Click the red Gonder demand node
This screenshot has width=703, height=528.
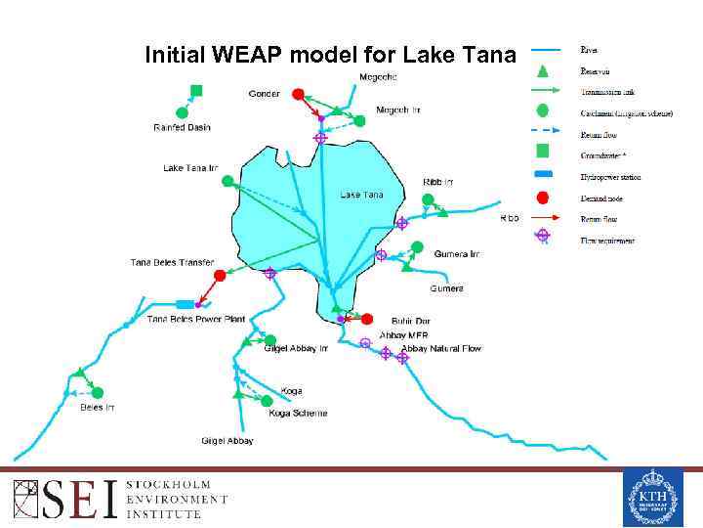298,95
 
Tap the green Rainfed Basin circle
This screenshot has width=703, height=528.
181,111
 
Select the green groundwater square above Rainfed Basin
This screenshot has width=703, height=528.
196,91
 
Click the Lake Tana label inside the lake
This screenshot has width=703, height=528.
361,195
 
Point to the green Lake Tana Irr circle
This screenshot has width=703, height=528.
227,181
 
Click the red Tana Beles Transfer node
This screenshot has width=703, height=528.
220,276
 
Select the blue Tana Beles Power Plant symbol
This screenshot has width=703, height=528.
185,305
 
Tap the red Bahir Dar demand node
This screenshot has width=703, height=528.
367,319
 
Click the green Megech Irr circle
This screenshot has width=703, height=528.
359,121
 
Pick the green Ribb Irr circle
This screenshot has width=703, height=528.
427,199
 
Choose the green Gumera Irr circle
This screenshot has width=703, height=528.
417,246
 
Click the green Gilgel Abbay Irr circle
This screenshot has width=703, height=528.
270,340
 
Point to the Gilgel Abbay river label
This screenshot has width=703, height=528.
227,441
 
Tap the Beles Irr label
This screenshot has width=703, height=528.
97,408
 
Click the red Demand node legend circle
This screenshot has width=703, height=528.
544,198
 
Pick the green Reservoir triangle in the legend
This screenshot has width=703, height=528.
544,70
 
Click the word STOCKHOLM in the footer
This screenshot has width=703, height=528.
167,485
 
